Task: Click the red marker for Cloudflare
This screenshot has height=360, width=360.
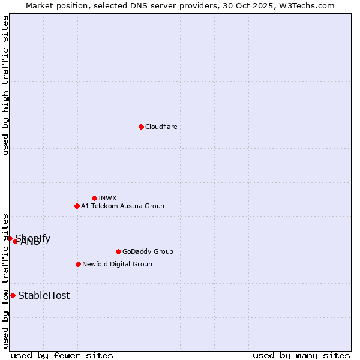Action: [x=141, y=127]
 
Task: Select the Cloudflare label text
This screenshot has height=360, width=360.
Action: [x=161, y=127]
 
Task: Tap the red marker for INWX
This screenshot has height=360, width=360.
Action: [x=94, y=198]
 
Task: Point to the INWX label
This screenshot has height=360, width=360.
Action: [x=107, y=198]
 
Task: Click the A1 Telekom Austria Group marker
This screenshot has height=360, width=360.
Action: [x=77, y=206]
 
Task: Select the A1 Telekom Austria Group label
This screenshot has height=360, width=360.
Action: [x=122, y=206]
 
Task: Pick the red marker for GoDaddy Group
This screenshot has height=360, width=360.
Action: [x=118, y=251]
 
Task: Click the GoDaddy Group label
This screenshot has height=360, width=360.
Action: [x=148, y=251]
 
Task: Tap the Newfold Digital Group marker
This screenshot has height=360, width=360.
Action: [x=78, y=264]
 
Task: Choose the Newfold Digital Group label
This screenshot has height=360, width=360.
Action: [x=117, y=264]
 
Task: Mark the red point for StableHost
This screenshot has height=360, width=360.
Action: [x=13, y=295]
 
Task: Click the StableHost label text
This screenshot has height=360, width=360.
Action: [x=44, y=295]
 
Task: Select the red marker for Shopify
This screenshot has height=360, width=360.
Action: [x=10, y=238]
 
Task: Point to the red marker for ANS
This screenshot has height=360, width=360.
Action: [x=16, y=241]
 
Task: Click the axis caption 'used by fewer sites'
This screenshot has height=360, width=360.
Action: [x=62, y=355]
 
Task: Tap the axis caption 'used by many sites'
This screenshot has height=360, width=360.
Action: [x=301, y=355]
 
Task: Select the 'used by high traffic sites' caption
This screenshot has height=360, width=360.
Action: [x=5, y=85]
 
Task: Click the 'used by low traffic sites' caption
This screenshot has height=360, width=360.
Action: [x=5, y=280]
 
